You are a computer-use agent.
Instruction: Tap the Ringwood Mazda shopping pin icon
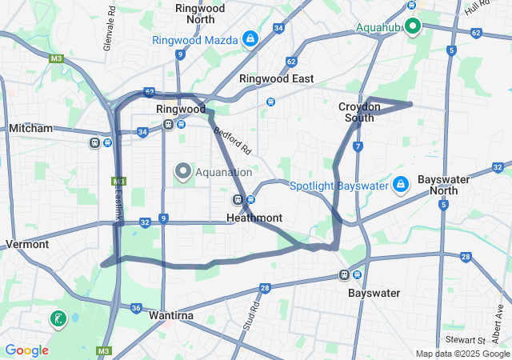click(x=250, y=38)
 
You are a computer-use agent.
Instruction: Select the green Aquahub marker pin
click(x=413, y=26)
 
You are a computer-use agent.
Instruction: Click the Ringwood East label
click(x=276, y=79)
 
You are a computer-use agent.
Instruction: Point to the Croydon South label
click(x=355, y=112)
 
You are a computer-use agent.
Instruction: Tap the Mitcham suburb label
click(x=30, y=128)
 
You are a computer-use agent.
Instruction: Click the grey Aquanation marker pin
click(x=183, y=171)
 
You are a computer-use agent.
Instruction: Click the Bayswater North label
click(x=443, y=185)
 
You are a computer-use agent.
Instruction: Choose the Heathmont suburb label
click(x=254, y=218)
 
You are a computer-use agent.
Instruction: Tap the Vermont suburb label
click(x=26, y=244)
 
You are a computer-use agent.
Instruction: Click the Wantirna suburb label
click(x=171, y=316)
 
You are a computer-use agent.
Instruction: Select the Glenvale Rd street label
click(x=110, y=30)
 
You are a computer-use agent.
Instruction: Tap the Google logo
click(x=26, y=350)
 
